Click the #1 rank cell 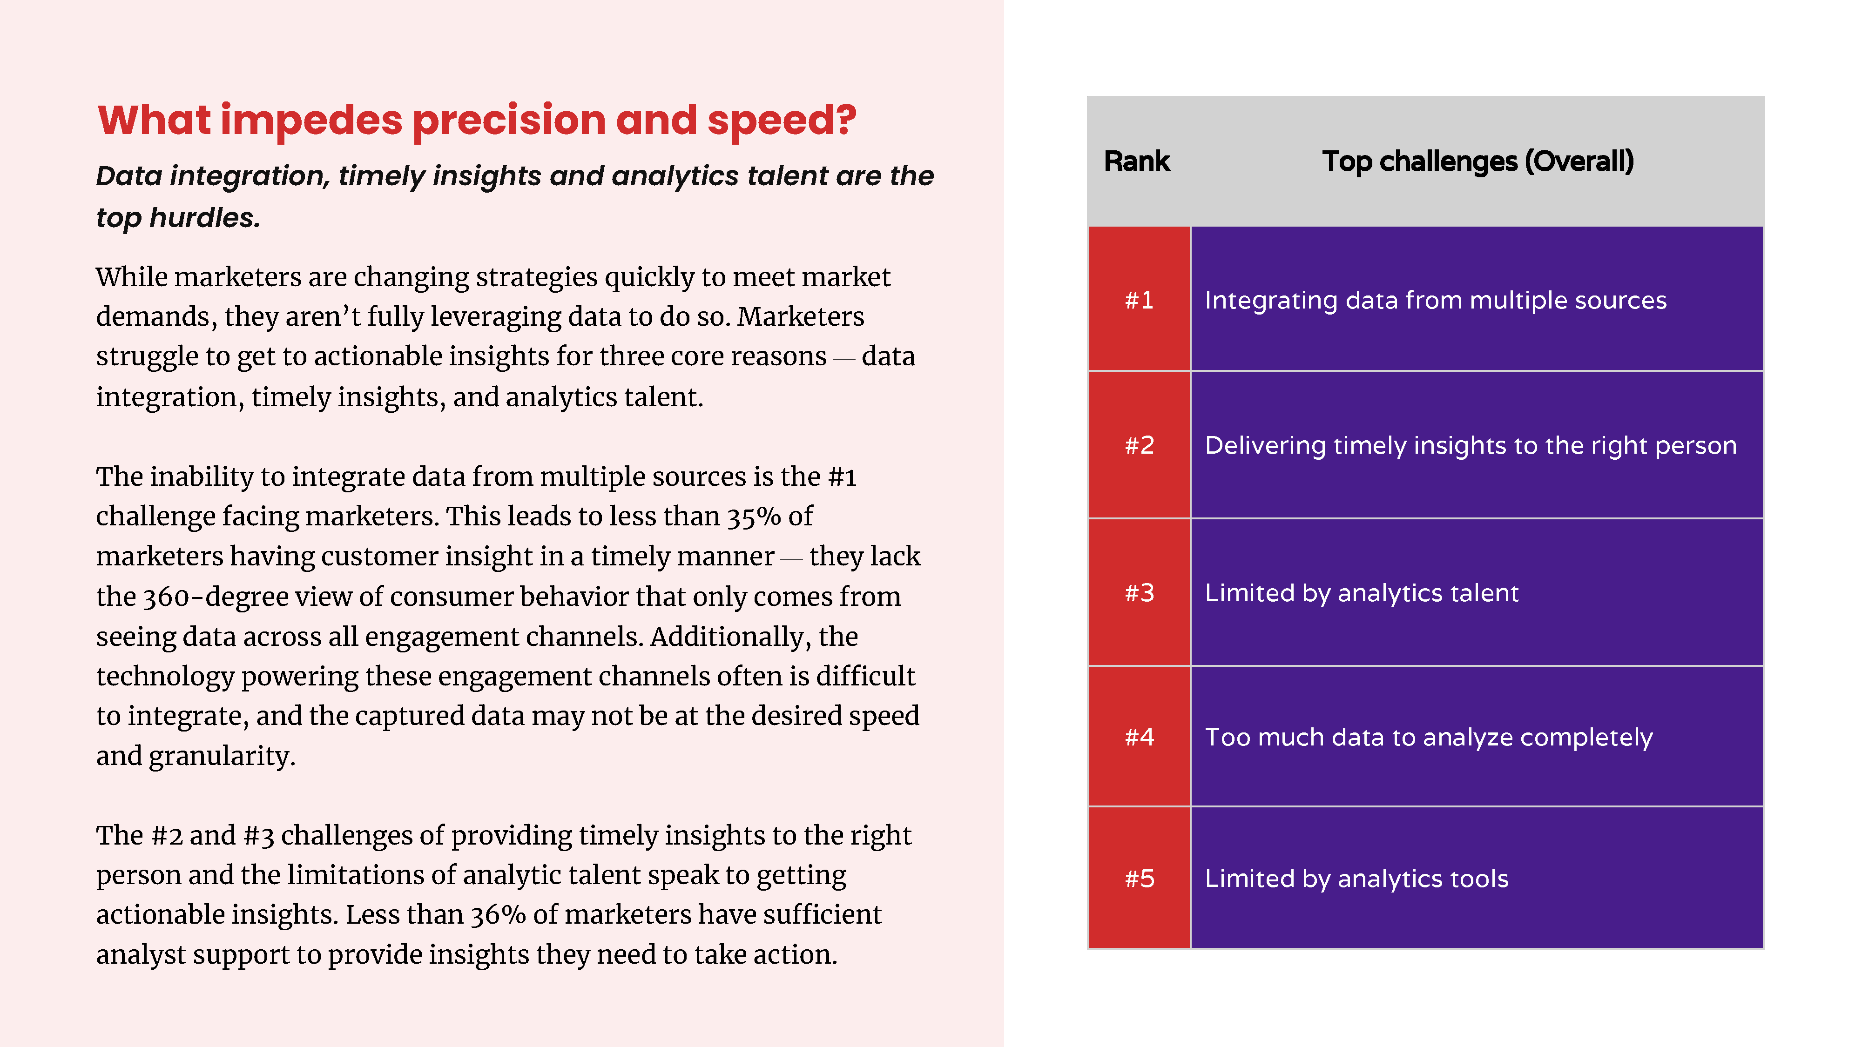(x=1139, y=299)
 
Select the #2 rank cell (x=1139, y=445)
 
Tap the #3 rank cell (x=1139, y=592)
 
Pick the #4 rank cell (x=1139, y=736)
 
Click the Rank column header (x=1136, y=161)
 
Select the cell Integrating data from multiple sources (x=1477, y=299)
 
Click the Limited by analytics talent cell (x=1477, y=592)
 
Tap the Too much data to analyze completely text (x=1428, y=737)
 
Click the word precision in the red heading (x=509, y=120)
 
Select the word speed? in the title (x=782, y=121)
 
